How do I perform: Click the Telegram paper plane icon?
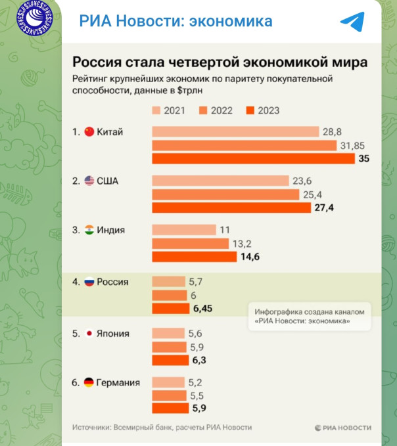click(x=352, y=22)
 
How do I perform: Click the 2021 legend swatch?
click(x=156, y=110)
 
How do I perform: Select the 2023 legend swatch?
click(x=250, y=110)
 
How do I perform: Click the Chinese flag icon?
click(x=90, y=132)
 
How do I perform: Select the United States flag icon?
click(x=90, y=181)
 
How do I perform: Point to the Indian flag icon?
click(x=90, y=230)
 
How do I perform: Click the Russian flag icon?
click(x=90, y=282)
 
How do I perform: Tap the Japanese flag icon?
click(x=90, y=334)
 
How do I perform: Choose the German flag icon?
click(x=90, y=382)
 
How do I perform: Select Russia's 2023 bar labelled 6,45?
click(x=170, y=308)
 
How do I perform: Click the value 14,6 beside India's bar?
click(x=250, y=257)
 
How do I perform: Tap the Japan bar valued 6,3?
click(x=170, y=360)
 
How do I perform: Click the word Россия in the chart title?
click(x=95, y=62)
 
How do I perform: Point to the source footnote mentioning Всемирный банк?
click(x=162, y=428)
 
